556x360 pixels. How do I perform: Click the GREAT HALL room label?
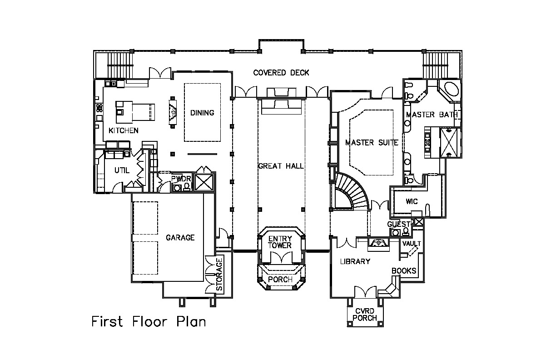pos(281,166)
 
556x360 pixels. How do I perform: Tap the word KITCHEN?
pos(124,130)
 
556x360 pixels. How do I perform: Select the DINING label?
pos(202,113)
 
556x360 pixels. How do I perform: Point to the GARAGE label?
pos(180,238)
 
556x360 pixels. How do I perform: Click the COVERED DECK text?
pos(281,73)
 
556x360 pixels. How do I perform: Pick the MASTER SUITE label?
pos(372,143)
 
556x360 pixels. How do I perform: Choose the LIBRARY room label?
pos(355,261)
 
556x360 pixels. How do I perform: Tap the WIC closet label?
pos(412,201)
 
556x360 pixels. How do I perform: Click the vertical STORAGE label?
pos(219,274)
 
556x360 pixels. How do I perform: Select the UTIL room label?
pos(122,170)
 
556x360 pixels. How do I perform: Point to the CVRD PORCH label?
pos(365,315)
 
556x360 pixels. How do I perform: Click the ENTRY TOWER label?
pos(280,242)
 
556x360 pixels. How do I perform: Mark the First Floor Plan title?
pos(149,321)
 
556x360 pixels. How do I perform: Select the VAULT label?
pos(412,244)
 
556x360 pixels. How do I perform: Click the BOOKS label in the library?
pos(404,270)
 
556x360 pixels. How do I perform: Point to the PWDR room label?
pos(181,179)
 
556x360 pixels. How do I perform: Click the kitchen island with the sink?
pos(135,112)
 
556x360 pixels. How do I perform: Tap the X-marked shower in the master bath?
pos(448,143)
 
